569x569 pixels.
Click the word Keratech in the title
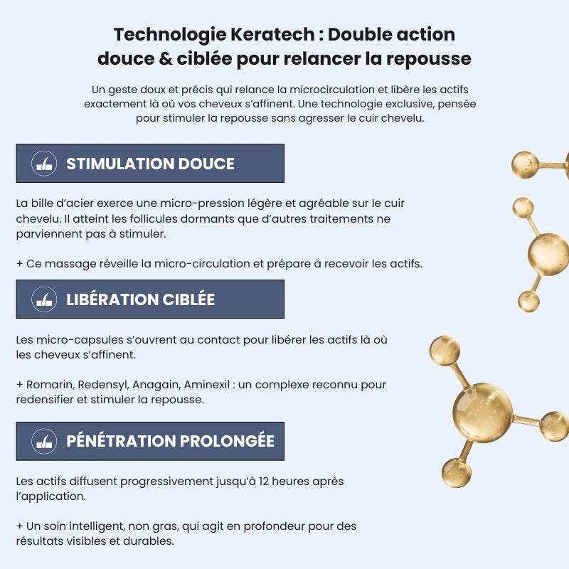pyautogui.click(x=272, y=35)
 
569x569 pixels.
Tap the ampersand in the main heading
pyautogui.click(x=166, y=59)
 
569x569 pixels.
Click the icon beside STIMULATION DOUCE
pyautogui.click(x=44, y=164)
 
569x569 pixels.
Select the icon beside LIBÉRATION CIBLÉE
pyautogui.click(x=44, y=299)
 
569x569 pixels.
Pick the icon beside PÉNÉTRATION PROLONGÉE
pyautogui.click(x=44, y=441)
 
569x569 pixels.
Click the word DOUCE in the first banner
pyautogui.click(x=206, y=164)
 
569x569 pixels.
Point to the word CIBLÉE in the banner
pyautogui.click(x=188, y=299)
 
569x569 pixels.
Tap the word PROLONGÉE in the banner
pyautogui.click(x=227, y=441)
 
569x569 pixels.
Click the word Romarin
pyautogui.click(x=49, y=385)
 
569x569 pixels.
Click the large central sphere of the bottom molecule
pyautogui.click(x=483, y=413)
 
